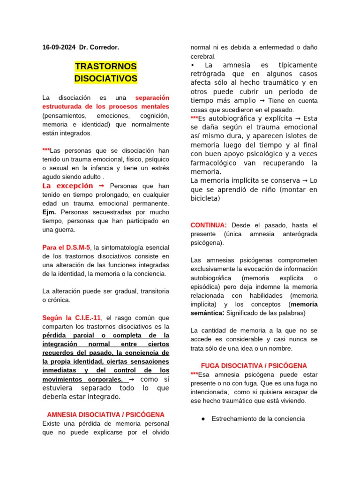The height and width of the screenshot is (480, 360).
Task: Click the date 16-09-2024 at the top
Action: (x=59, y=47)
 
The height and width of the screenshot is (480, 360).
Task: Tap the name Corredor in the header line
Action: (x=104, y=47)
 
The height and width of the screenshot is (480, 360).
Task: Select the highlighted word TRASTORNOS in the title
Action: (x=105, y=66)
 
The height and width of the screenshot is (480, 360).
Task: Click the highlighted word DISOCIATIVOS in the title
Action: (x=105, y=78)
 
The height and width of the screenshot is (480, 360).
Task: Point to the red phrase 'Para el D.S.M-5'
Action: (x=66, y=247)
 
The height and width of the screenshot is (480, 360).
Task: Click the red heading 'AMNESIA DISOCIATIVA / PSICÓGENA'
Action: (x=105, y=414)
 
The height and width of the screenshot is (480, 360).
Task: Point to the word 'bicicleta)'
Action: (x=205, y=198)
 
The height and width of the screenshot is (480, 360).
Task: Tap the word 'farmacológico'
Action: (x=216, y=163)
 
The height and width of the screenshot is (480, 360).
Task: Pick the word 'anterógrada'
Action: (x=300, y=233)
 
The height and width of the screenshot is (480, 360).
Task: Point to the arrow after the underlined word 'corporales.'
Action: (x=132, y=379)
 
